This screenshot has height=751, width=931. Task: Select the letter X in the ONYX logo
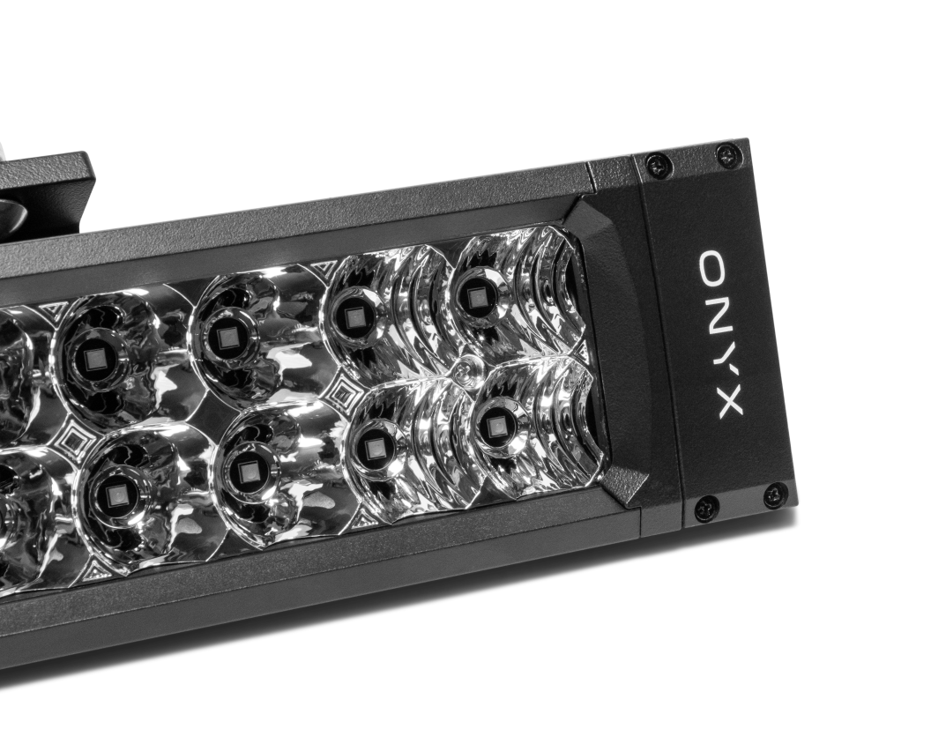coord(730,404)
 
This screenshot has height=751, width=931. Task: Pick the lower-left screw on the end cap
coord(706,507)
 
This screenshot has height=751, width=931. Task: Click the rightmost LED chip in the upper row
coord(474,298)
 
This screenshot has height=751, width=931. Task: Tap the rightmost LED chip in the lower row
coord(495,425)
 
